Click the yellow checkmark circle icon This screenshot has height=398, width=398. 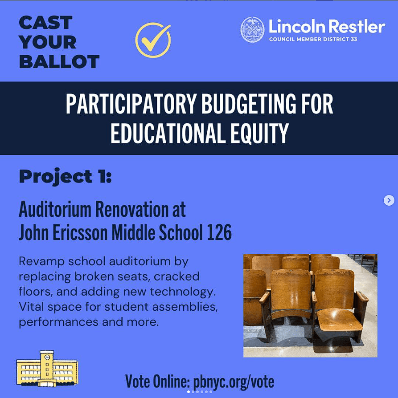point(153,40)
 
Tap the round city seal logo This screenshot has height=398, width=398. point(252,30)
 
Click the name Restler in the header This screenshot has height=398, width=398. point(357,26)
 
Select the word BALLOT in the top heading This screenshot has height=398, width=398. point(59,62)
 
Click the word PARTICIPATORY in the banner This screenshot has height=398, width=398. point(131,104)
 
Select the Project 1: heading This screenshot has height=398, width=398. point(66,176)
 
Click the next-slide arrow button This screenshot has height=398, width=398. point(389,200)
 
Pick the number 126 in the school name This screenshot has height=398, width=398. point(219,232)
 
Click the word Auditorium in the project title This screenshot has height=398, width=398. point(55,209)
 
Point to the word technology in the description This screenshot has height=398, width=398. point(183,292)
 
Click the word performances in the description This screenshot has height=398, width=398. point(58,322)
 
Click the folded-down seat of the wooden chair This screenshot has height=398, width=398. point(339,319)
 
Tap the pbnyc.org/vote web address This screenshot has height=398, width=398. point(234,382)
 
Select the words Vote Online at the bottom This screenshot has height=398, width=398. point(158,382)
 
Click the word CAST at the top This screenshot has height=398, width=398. point(46,23)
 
